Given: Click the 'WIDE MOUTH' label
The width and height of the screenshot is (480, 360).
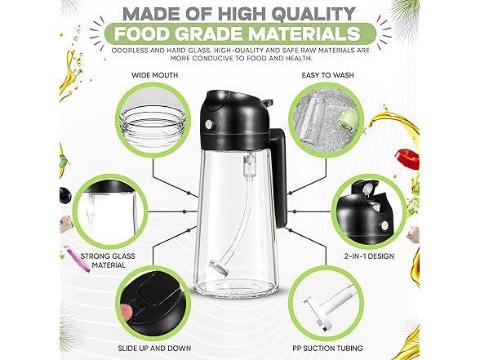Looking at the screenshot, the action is point(154,75).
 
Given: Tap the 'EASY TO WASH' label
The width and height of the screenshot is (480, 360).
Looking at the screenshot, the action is point(327,75).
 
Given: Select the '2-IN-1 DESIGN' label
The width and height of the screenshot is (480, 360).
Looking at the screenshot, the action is point(369,256).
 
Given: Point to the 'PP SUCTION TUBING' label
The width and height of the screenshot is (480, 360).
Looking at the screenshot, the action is point(327,348).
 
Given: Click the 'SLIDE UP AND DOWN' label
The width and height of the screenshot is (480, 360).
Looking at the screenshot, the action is point(154,348).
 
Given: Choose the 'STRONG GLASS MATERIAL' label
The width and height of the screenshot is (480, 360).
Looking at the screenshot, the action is point(108,260).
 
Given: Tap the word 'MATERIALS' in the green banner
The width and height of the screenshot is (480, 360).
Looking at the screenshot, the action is point(304,33).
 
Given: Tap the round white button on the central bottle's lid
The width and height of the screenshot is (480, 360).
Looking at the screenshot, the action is point(209,124).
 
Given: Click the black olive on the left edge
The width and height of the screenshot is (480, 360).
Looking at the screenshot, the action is point(65,195).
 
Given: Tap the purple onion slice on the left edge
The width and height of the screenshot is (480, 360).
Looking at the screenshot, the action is point(77,258).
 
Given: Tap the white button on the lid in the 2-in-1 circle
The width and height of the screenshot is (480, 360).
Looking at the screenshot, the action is point(384,226).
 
